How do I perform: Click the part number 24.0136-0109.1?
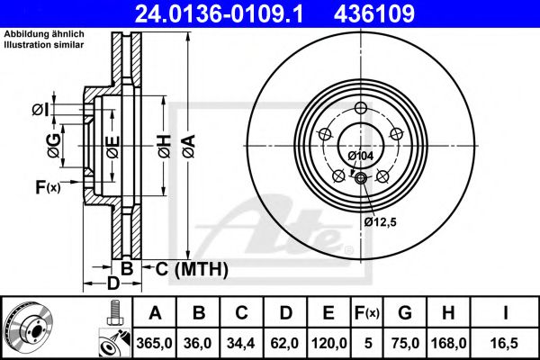click(231, 13)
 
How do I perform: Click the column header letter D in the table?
click(285, 313)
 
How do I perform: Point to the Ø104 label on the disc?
click(360, 156)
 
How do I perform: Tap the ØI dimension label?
click(39, 110)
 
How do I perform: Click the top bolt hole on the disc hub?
click(361, 109)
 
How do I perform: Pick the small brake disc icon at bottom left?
click(27, 328)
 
